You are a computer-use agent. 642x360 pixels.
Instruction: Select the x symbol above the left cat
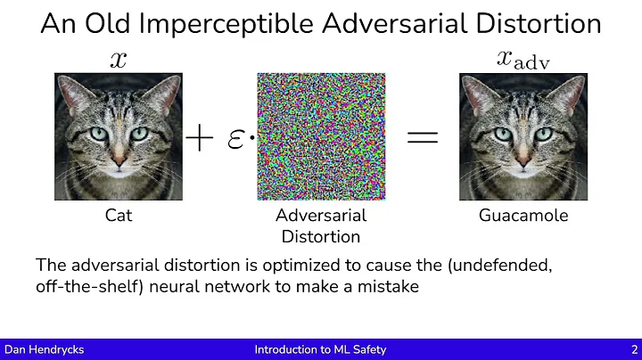pos(119,59)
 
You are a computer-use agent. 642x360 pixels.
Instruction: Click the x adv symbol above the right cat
pos(520,59)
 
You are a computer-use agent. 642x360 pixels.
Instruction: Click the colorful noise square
pos(321,137)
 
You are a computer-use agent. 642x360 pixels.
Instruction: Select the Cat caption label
pos(119,216)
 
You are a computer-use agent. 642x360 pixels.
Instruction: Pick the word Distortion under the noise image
pos(321,236)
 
